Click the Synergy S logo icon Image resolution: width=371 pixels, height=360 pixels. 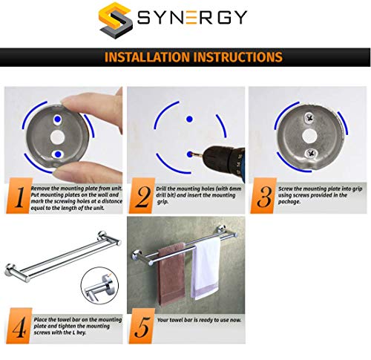pyautogui.click(x=116, y=20)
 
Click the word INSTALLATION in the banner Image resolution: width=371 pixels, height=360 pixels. pyautogui.click(x=147, y=57)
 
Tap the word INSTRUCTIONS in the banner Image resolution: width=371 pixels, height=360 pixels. pyautogui.click(x=238, y=57)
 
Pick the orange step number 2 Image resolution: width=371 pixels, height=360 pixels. pyautogui.click(x=142, y=196)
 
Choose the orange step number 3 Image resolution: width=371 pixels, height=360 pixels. pyautogui.click(x=263, y=196)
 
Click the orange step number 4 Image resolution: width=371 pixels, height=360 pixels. pyautogui.click(x=19, y=326)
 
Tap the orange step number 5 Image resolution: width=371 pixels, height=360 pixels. pyautogui.click(x=142, y=326)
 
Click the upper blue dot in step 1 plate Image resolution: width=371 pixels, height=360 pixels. pyautogui.click(x=58, y=119)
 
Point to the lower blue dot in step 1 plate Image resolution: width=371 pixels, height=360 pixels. pyautogui.click(x=58, y=154)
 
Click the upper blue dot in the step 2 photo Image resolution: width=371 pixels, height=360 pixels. pyautogui.click(x=189, y=119)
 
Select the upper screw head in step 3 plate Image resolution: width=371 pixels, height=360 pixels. pyautogui.click(x=309, y=117)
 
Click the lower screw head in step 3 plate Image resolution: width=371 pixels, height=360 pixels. pyautogui.click(x=309, y=154)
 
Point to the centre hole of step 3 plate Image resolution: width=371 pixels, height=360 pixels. pyautogui.click(x=309, y=136)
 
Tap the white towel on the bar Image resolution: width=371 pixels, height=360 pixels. pyautogui.click(x=206, y=269)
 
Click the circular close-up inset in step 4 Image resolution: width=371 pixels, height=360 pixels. pyautogui.click(x=99, y=286)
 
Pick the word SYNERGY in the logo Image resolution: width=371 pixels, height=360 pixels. pyautogui.click(x=192, y=17)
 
